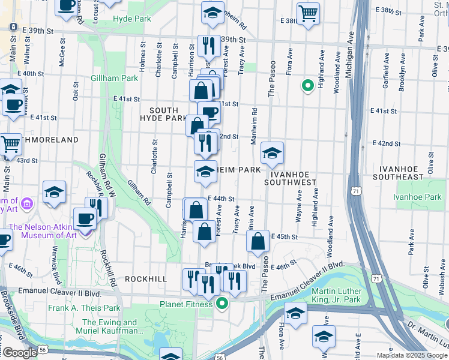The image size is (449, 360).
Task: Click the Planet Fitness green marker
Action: (222, 304)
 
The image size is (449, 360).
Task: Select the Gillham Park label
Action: (114, 78)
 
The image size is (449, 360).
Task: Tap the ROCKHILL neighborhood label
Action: (145, 279)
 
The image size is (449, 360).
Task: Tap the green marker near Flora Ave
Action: (307, 86)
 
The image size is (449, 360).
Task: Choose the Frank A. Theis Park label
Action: (82, 308)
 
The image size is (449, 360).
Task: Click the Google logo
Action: (19, 353)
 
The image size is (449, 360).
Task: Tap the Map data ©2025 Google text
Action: (411, 355)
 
